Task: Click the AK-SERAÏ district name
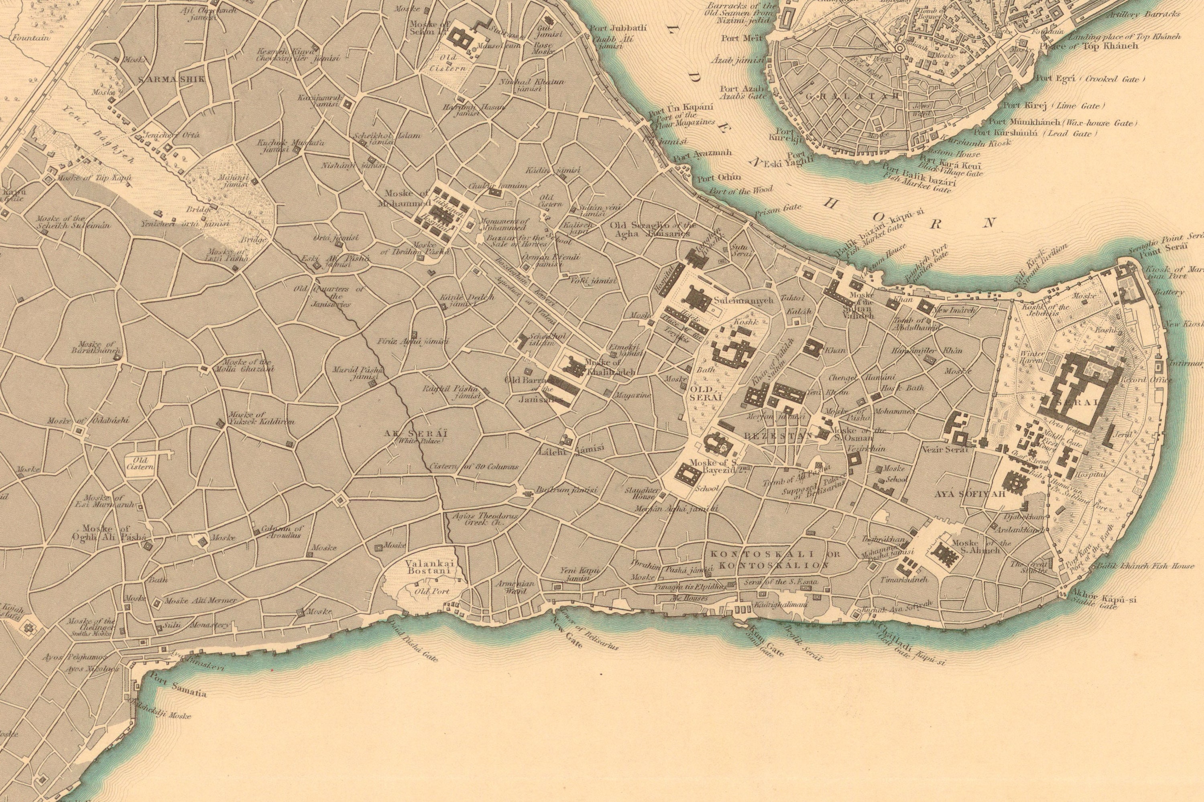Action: (416, 433)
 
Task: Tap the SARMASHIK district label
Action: (171, 79)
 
